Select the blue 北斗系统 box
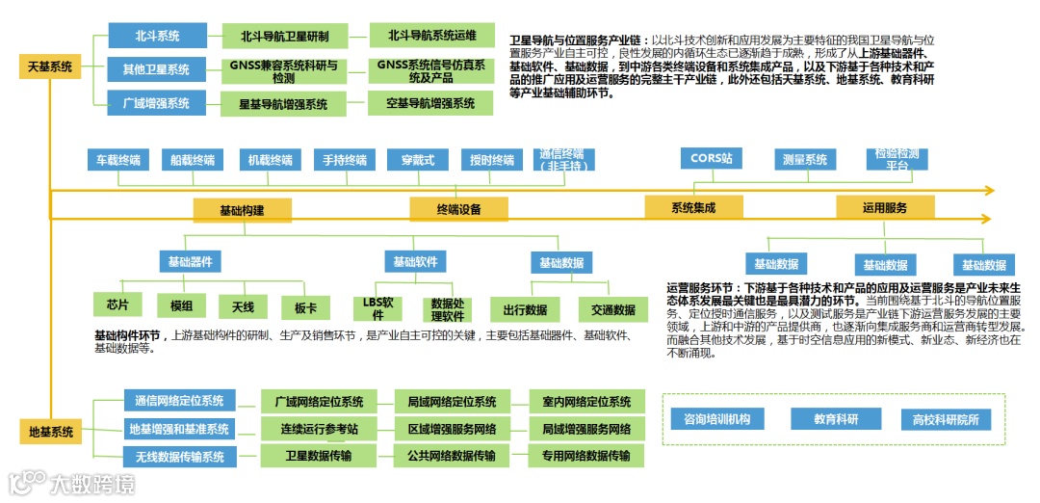tap(157, 37)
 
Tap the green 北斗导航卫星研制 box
tap(284, 37)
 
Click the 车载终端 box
tap(115, 160)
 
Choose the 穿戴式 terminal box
tap(418, 160)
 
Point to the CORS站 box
tap(711, 158)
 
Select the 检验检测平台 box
tap(897, 159)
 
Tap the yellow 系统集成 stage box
tap(693, 207)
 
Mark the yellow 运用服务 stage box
tap(884, 207)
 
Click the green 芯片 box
tap(117, 305)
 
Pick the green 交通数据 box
tap(612, 309)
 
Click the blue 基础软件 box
tap(415, 261)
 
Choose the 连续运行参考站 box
tap(320, 429)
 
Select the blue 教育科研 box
tap(835, 419)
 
